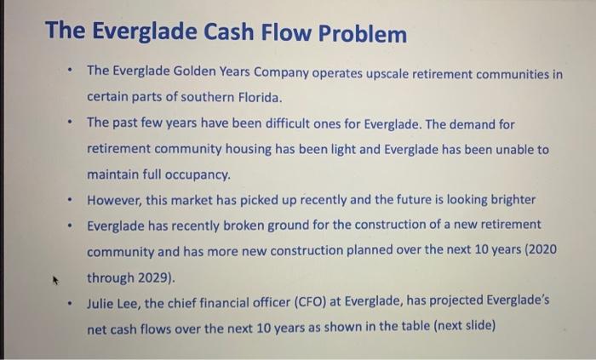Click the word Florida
point(253,98)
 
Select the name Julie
point(102,303)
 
